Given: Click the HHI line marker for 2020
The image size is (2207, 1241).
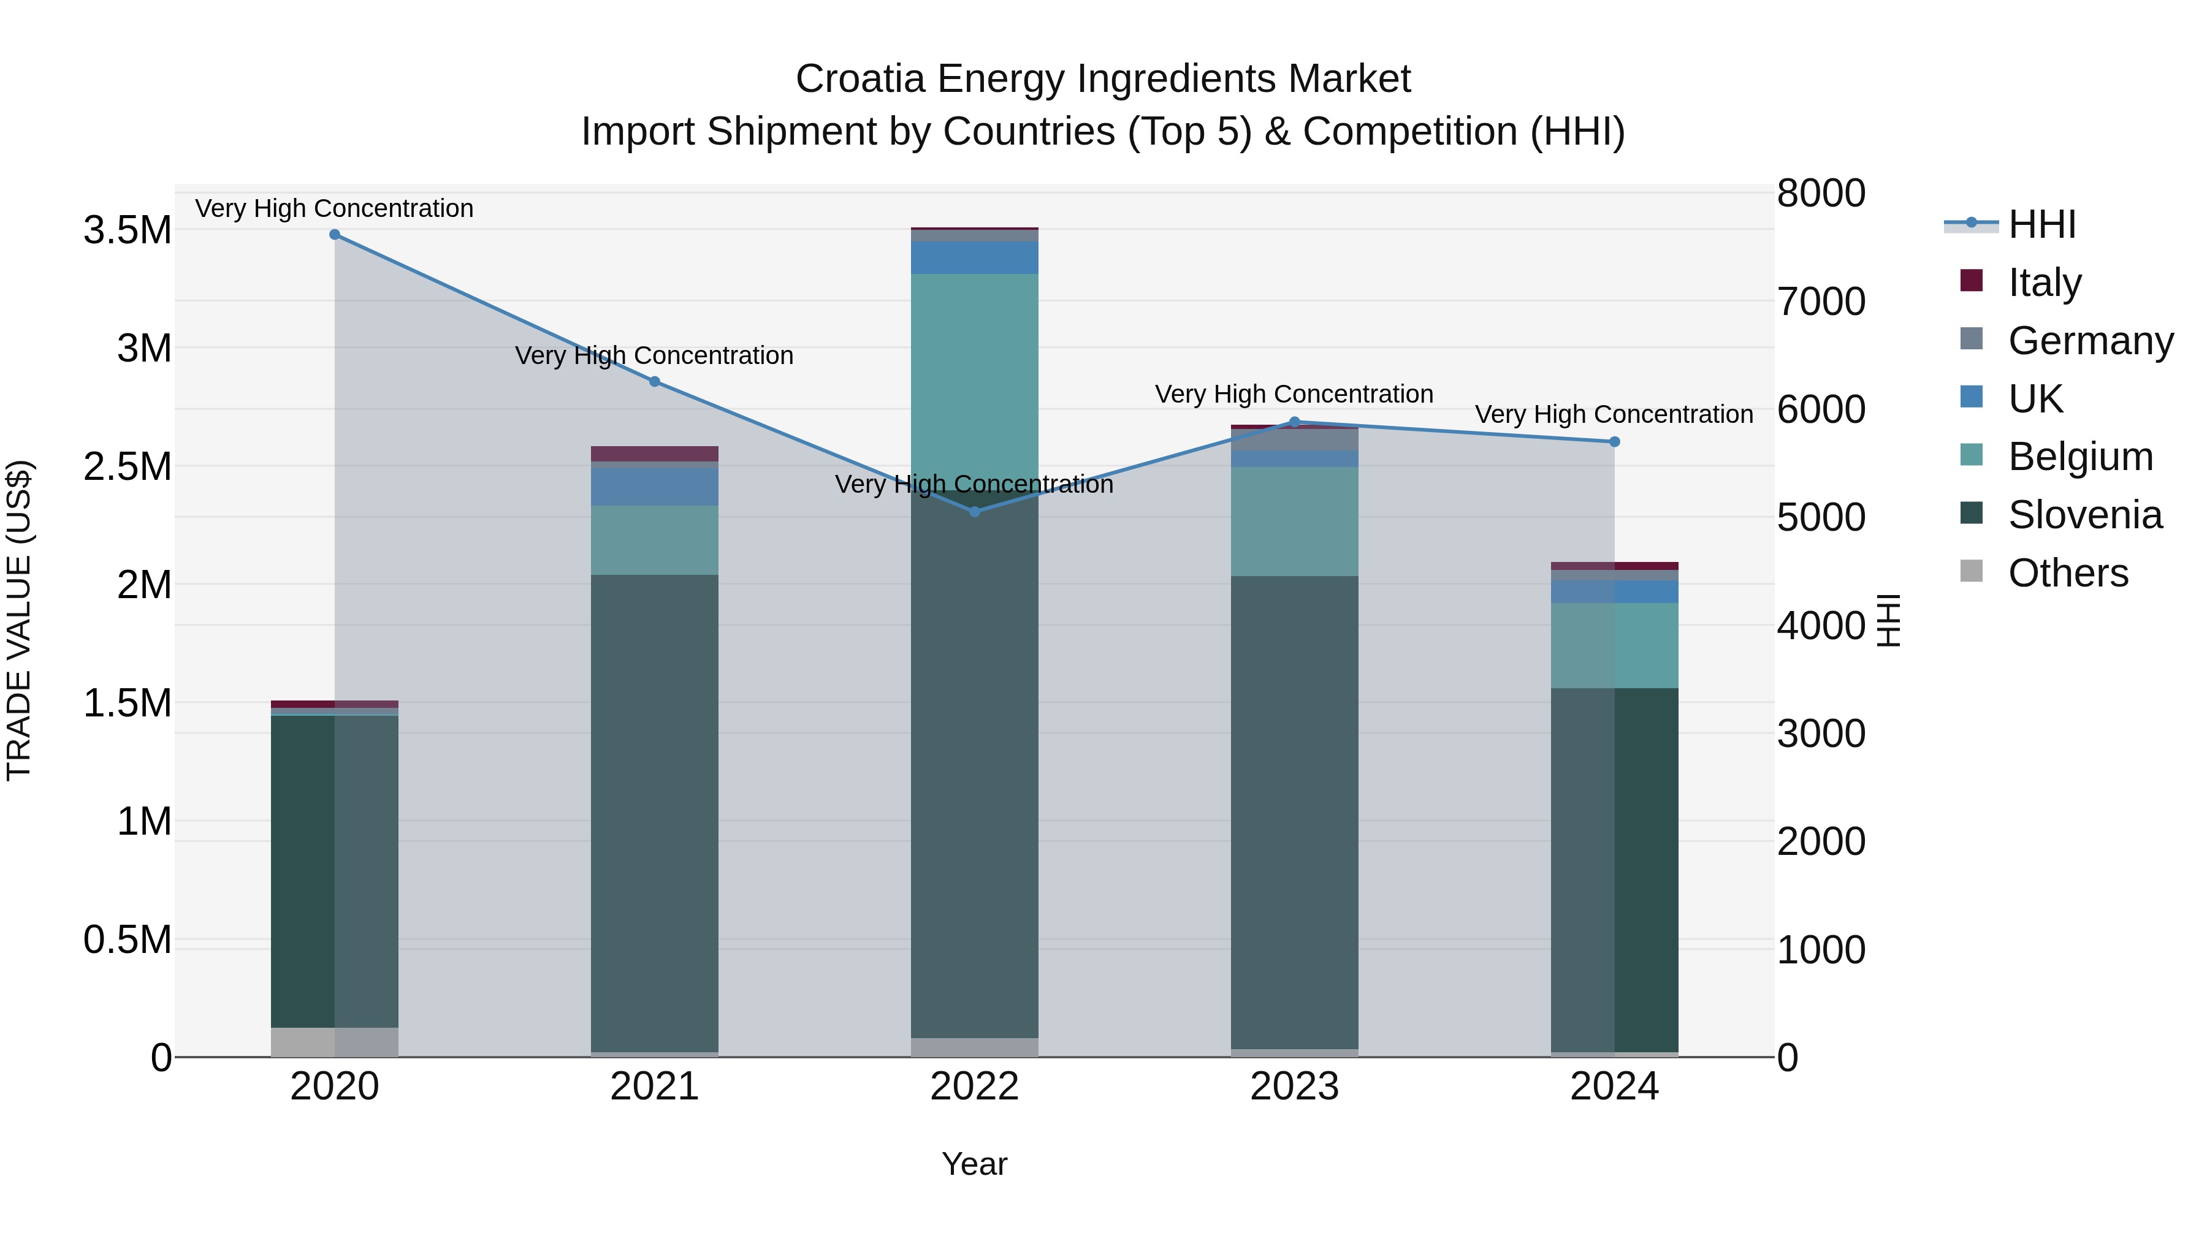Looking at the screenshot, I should coord(335,235).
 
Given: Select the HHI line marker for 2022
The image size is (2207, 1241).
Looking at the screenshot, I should coord(974,511).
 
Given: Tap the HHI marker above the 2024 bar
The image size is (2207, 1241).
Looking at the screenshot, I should coord(1614,442).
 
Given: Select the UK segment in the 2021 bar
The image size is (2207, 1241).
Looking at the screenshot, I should coord(655,487).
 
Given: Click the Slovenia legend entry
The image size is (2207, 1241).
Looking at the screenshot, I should coord(2084,515).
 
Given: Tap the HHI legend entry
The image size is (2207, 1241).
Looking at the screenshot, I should coord(2041,224).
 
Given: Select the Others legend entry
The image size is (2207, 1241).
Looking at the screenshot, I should coord(2067,573).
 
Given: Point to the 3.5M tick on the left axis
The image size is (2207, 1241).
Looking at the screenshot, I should coord(127,230).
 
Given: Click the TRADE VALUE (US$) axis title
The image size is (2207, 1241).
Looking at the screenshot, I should coord(19,620).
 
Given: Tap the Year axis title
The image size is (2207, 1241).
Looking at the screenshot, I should coord(974,1164).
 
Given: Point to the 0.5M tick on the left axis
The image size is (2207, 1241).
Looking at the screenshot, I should coord(127,939).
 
